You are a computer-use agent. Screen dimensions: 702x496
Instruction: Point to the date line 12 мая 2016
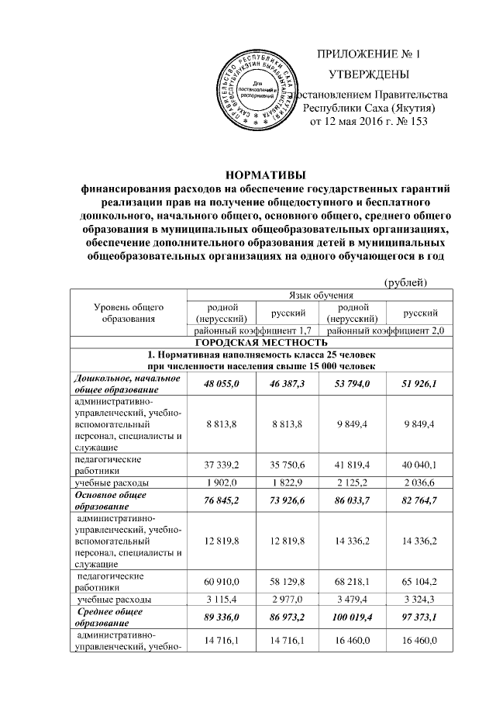pos(368,122)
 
